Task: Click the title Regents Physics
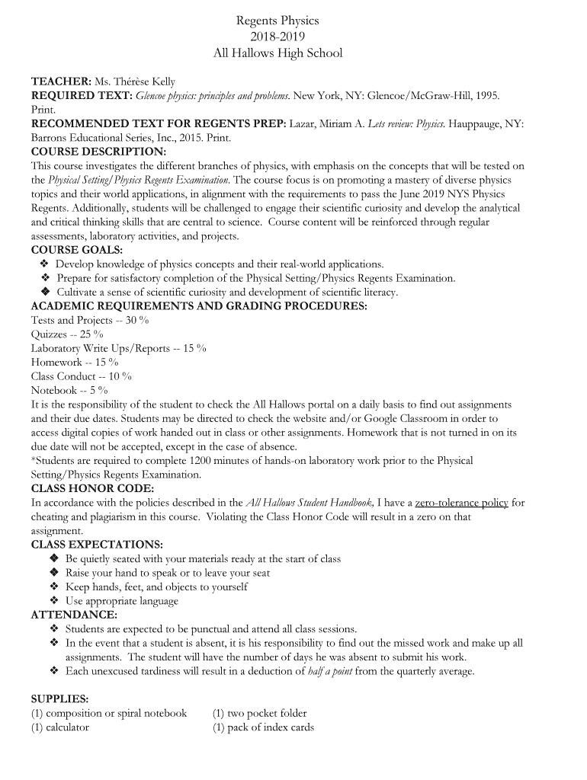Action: [x=277, y=21]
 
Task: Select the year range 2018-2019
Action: [x=277, y=37]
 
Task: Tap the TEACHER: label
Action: [x=61, y=82]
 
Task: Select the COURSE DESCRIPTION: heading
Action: [x=98, y=152]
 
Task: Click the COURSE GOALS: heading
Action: [x=76, y=250]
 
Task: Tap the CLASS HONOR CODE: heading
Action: [x=92, y=488]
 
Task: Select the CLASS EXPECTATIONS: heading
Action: [x=97, y=545]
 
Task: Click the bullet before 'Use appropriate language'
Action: [x=54, y=601]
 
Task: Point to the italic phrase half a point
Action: [x=330, y=671]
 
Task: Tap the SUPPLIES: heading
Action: [x=59, y=698]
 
